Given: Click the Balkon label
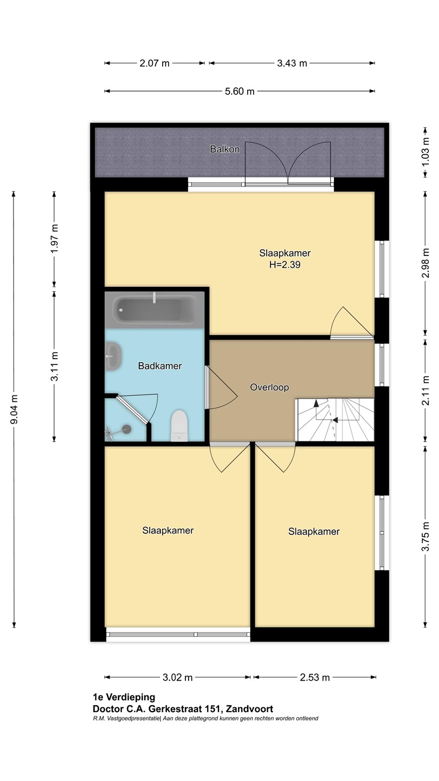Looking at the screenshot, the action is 225,149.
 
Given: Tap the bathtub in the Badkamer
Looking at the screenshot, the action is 154,310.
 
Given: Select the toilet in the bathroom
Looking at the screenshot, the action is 179,426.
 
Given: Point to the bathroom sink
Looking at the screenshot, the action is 113,356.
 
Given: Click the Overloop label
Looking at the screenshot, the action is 269,387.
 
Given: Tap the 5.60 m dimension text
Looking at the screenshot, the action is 240,91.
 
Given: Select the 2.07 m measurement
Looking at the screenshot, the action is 154,63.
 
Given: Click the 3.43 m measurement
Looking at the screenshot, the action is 292,63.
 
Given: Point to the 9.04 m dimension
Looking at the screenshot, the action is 14,409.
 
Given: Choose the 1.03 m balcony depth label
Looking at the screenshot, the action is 425,153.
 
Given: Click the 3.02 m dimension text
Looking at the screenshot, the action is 178,677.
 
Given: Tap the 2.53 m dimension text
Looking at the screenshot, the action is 314,677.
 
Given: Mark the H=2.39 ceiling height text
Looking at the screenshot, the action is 285,265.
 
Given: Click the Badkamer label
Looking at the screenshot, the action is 160,366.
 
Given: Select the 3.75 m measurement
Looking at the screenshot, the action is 425,536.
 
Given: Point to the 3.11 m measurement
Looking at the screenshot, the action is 54,367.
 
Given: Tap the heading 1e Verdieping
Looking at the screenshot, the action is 124,697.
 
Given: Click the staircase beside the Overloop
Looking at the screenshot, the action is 335,420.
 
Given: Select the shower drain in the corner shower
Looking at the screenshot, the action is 127,429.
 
